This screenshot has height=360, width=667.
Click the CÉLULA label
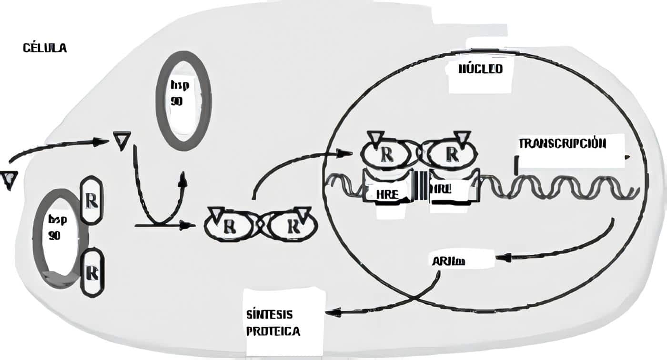(x=44, y=48)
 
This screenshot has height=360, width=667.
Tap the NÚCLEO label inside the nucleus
(x=480, y=69)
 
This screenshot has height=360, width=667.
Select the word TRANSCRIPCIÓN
(x=562, y=143)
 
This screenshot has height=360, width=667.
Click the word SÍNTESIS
(x=269, y=315)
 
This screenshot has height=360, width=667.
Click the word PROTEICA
(x=273, y=331)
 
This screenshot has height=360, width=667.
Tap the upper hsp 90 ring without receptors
(x=183, y=100)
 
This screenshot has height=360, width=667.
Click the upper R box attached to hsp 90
(x=91, y=200)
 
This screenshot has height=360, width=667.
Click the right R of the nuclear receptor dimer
(x=451, y=154)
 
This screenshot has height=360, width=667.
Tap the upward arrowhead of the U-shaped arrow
(x=182, y=179)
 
